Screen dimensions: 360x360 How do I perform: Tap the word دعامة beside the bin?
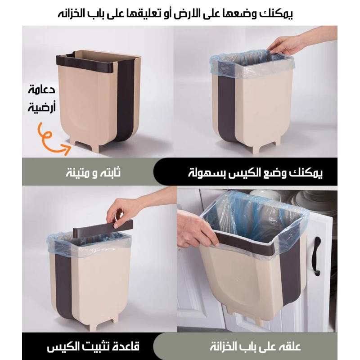[x=42, y=89]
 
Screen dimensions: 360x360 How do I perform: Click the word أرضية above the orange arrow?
[x=42, y=107]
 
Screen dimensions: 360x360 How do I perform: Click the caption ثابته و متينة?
[x=93, y=172]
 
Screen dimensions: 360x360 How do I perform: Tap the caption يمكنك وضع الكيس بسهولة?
[x=255, y=173]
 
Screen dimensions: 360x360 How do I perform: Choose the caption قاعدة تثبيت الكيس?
[x=93, y=346]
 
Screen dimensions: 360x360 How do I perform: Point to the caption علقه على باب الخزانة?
[x=255, y=346]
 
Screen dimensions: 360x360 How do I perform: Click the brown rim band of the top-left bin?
[x=85, y=63]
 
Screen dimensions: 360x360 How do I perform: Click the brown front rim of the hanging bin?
[x=246, y=243]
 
